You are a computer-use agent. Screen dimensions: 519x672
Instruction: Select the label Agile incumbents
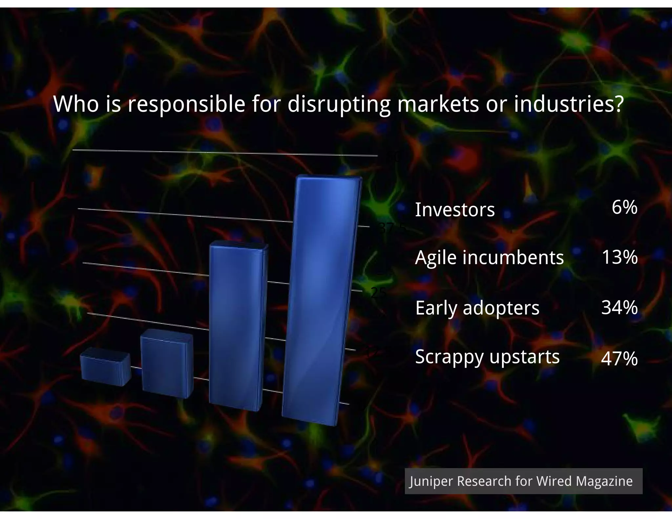pos(489,258)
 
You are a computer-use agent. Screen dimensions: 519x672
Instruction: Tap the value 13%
pos(619,257)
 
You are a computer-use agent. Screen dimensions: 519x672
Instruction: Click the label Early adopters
pos(477,308)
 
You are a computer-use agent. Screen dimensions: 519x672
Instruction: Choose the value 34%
pos(619,307)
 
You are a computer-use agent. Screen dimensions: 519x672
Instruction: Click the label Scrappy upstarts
pos(487,357)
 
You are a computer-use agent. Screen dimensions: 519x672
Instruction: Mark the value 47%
pos(619,358)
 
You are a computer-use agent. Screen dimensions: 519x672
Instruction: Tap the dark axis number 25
pos(378,293)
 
